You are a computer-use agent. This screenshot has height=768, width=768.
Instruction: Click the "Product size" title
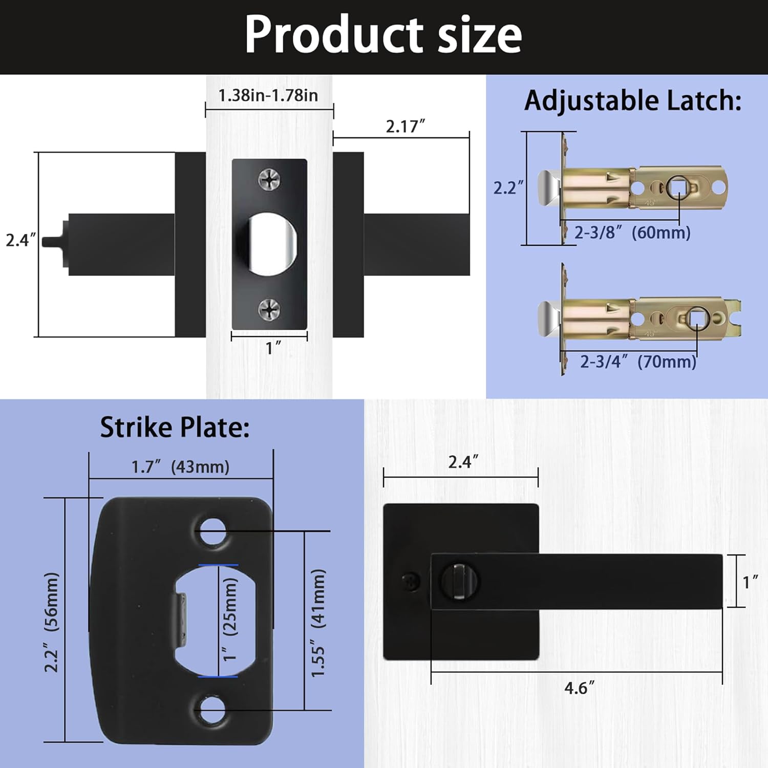tap(383, 35)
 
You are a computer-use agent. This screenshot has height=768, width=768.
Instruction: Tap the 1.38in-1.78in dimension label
tap(268, 95)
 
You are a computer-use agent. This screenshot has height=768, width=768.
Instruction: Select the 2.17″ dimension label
tap(405, 126)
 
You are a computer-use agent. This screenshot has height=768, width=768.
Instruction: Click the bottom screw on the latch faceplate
tap(269, 309)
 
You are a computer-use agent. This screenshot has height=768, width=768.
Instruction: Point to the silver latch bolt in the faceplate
tap(271, 245)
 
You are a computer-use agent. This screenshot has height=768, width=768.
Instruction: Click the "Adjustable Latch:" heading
tap(633, 100)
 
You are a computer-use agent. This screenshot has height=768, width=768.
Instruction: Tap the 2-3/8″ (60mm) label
tap(632, 232)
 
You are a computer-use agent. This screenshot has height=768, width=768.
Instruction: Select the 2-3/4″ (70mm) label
tap(638, 361)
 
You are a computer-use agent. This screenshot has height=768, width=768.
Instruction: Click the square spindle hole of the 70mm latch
tap(697, 318)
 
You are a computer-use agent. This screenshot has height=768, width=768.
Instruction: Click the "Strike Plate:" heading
tap(175, 427)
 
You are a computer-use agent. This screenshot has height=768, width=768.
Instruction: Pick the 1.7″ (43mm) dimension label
tap(180, 466)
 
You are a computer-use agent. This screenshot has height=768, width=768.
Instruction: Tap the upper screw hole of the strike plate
tap(212, 531)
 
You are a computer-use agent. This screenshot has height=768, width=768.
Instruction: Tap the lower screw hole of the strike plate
tap(212, 710)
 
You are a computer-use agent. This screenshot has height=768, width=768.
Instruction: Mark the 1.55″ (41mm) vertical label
tap(318, 622)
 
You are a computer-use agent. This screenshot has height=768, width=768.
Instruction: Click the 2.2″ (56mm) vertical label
tap(51, 622)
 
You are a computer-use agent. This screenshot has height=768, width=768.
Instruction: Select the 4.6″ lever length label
tap(579, 688)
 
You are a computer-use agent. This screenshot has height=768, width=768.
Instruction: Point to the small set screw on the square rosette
tap(410, 581)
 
